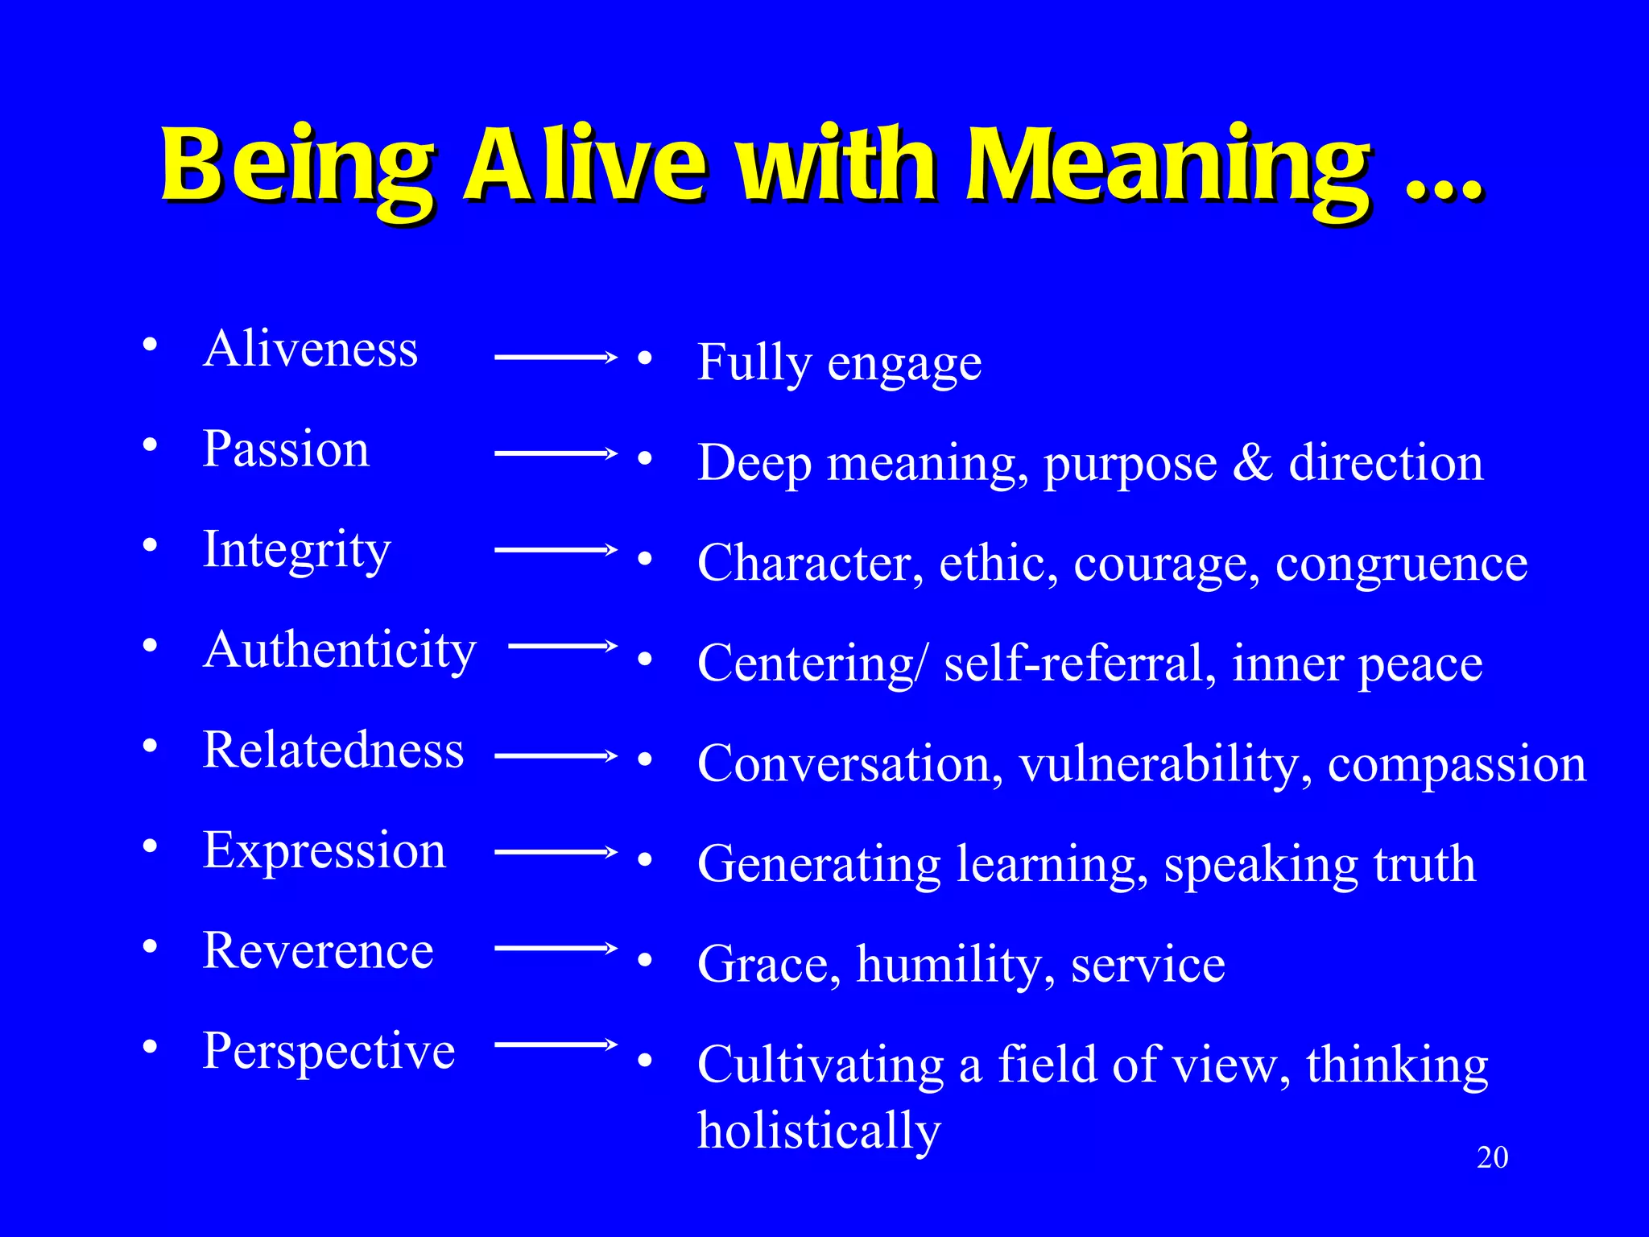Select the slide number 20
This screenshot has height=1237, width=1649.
1492,1157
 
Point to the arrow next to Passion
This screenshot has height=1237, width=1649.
556,453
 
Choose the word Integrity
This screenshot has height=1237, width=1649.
296,551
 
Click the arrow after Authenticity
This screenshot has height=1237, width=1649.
562,646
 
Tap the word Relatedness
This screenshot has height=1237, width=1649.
333,750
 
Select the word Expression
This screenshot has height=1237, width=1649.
324,850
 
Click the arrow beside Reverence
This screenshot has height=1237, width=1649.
556,949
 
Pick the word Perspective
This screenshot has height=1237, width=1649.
329,1052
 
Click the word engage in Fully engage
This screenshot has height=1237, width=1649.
904,365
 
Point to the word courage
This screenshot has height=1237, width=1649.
1166,564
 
